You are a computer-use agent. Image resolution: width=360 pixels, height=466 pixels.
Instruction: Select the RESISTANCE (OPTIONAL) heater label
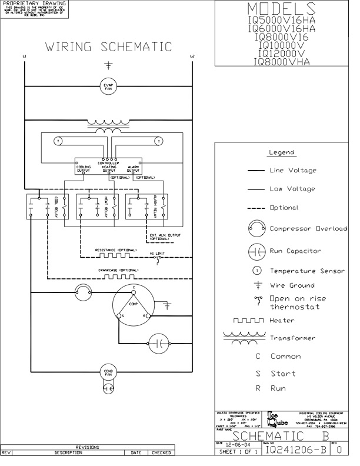(x=115, y=250)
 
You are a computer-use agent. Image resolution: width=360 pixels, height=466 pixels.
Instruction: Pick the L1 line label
(x=24, y=56)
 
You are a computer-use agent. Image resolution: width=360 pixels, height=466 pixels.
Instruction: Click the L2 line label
(x=192, y=56)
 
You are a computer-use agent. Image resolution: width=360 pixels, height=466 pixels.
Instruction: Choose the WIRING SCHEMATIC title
(x=109, y=46)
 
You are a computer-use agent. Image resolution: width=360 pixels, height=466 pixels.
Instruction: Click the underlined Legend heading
(x=281, y=152)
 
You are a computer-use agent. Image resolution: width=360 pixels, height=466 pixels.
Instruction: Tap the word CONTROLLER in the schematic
(x=109, y=163)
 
